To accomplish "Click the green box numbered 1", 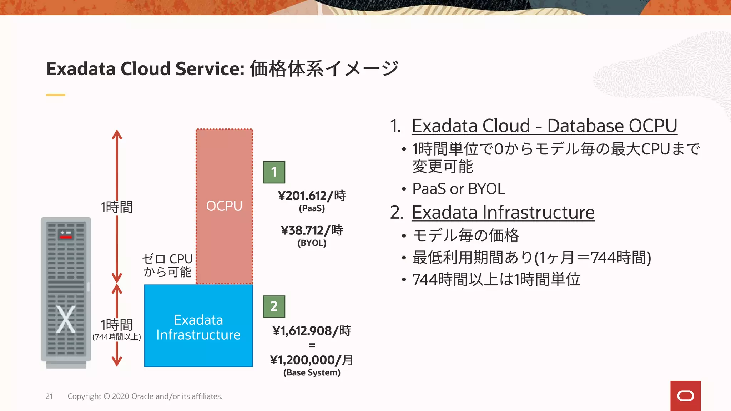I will click(x=274, y=172).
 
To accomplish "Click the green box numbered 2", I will click(x=274, y=306).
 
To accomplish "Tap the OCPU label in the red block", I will click(x=224, y=206).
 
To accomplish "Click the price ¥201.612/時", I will click(x=312, y=196).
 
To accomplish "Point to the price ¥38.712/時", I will click(x=312, y=230).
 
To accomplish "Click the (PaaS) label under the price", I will click(x=312, y=208).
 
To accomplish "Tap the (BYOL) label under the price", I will click(x=312, y=243).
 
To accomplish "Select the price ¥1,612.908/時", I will click(x=312, y=331).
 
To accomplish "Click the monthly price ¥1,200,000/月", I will click(x=312, y=360).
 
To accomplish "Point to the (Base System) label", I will click(x=312, y=372).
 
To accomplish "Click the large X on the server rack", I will click(x=66, y=320).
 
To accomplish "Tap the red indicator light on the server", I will click(x=66, y=237).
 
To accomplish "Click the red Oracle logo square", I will click(x=685, y=396).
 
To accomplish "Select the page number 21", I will click(x=49, y=396).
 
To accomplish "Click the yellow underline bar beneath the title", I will click(x=56, y=95).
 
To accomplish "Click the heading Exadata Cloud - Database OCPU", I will click(x=544, y=126).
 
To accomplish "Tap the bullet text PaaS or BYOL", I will click(x=459, y=189).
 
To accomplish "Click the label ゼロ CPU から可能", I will click(x=167, y=265).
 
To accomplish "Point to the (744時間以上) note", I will click(x=117, y=337).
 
